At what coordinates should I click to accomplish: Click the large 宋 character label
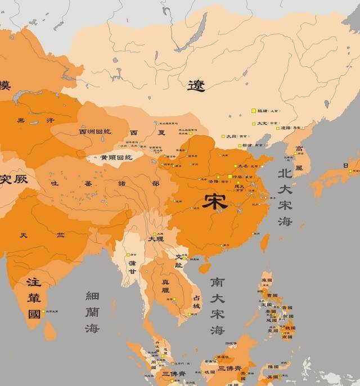click(216, 201)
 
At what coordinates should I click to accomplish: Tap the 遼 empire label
click(196, 85)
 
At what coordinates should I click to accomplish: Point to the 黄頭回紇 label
click(116, 158)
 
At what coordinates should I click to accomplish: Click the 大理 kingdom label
click(156, 239)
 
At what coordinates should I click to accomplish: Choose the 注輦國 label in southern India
click(34, 297)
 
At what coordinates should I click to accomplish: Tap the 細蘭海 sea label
click(92, 311)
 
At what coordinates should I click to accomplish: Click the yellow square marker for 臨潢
click(254, 111)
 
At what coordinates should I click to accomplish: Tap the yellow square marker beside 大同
click(223, 136)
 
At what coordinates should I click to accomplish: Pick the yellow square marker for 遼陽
click(278, 128)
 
